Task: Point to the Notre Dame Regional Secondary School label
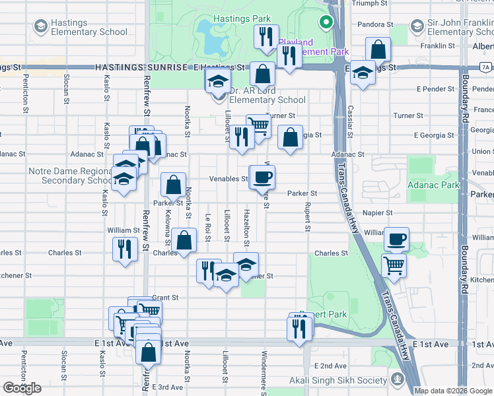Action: [x=71, y=176]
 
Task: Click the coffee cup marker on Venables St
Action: [x=262, y=177]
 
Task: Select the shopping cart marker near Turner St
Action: [x=259, y=126]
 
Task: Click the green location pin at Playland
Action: [x=325, y=23]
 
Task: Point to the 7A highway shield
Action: [x=485, y=67]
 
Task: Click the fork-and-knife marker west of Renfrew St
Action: [x=123, y=249]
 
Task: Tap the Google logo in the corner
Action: [x=22, y=388]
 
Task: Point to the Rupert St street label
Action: [x=307, y=216]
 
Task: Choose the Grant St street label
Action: [x=165, y=298]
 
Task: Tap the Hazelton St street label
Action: [x=246, y=224]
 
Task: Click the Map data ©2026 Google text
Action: [x=453, y=391]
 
